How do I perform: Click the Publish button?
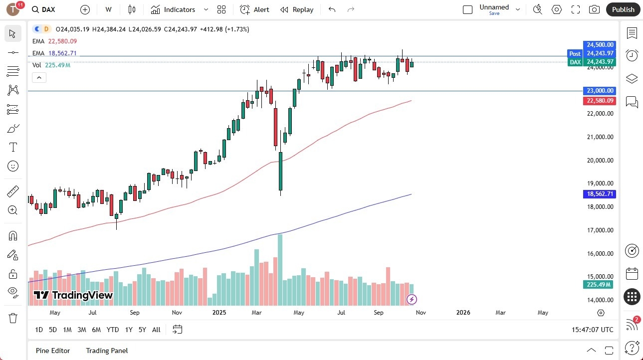[x=623, y=9]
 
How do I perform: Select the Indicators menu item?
[x=173, y=9]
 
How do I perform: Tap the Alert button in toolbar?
[x=254, y=9]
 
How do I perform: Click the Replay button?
[x=297, y=9]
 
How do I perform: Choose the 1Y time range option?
[x=129, y=330]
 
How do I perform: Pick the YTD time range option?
[x=113, y=330]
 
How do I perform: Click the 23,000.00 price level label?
[x=599, y=91]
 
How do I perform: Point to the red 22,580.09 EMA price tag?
[x=599, y=101]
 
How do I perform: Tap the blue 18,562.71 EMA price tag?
[x=599, y=194]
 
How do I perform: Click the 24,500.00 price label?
[x=599, y=44]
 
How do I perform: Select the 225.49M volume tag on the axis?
[x=599, y=285]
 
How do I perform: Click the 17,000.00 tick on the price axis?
[x=599, y=230]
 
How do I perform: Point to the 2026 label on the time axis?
[x=463, y=313]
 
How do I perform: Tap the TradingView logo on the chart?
[x=73, y=295]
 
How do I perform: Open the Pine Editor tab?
[x=53, y=351]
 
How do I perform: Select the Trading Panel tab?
[x=107, y=351]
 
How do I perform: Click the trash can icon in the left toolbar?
[x=13, y=318]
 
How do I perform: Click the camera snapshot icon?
[x=594, y=9]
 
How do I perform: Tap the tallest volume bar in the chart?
[x=280, y=269]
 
